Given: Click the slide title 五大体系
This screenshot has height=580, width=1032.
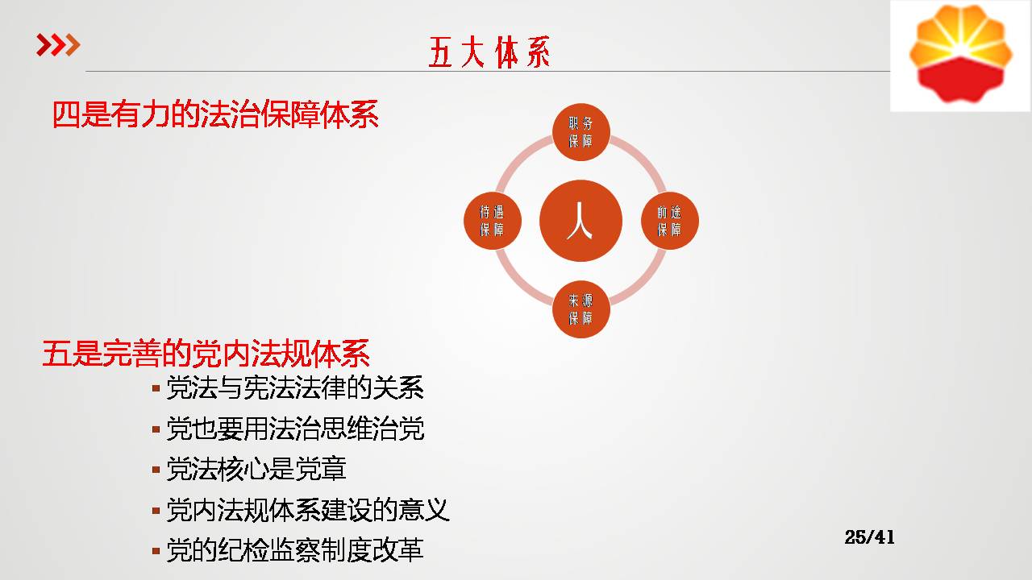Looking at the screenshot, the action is point(489,52).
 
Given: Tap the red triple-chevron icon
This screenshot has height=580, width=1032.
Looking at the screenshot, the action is point(59,44).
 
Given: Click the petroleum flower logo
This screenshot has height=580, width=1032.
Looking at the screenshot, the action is point(960,54).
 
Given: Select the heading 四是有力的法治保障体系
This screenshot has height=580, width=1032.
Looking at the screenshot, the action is point(215,114).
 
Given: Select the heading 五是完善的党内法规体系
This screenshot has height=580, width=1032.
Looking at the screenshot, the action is point(206,354).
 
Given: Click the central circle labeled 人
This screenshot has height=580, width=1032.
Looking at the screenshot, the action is point(580,221).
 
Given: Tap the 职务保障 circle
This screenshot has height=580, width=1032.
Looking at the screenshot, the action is point(581,132).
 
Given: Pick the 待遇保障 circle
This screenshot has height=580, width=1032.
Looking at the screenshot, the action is point(493,221).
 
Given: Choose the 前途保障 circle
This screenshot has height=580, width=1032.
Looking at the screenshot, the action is point(670,221).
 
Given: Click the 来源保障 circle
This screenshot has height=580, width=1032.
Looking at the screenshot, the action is point(581,309).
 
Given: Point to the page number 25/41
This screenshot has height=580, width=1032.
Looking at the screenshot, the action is point(869,537).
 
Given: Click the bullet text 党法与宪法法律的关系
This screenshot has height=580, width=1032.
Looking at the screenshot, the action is point(295,387).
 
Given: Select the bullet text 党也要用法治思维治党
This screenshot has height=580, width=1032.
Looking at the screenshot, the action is point(295,429).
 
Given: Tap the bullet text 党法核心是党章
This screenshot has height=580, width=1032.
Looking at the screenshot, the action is point(256,469).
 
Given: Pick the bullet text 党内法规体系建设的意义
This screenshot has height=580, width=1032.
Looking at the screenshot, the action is point(308,510).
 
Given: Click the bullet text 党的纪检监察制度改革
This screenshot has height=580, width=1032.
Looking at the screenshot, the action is point(295,549).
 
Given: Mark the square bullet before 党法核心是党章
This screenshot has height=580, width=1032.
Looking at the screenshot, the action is point(156,470).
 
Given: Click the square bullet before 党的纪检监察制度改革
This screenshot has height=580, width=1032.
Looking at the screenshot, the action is point(156,550).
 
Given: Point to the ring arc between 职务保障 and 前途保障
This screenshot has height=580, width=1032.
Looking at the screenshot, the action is point(643,159).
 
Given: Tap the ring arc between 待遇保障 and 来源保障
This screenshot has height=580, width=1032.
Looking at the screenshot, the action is point(518,284).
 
